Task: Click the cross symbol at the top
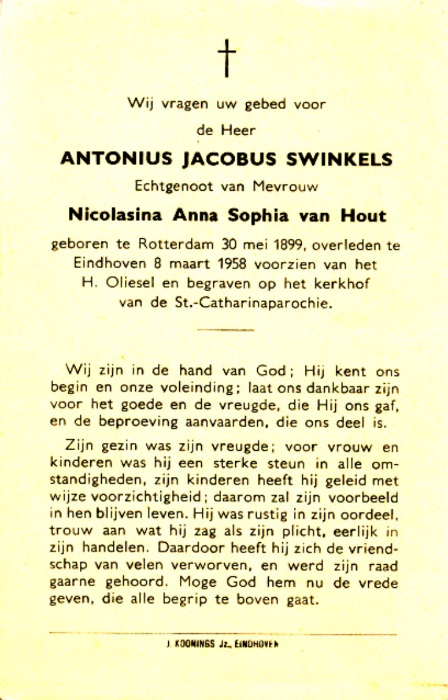(226, 58)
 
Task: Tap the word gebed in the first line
(265, 104)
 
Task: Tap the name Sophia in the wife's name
(266, 215)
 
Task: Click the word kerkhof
(339, 284)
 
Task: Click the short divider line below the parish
(226, 330)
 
